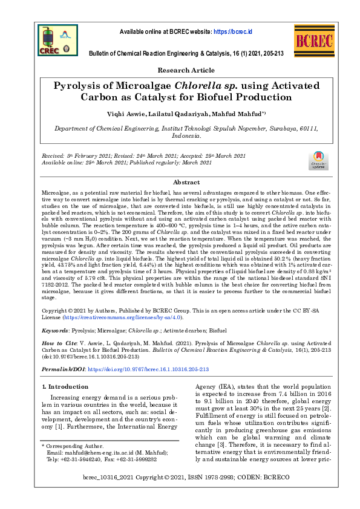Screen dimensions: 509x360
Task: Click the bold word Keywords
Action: [x=54, y=330]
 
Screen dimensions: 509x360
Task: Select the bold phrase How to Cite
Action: [x=61, y=343]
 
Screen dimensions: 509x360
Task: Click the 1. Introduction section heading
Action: [x=64, y=386]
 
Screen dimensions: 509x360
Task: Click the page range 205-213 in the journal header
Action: [x=272, y=54]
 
